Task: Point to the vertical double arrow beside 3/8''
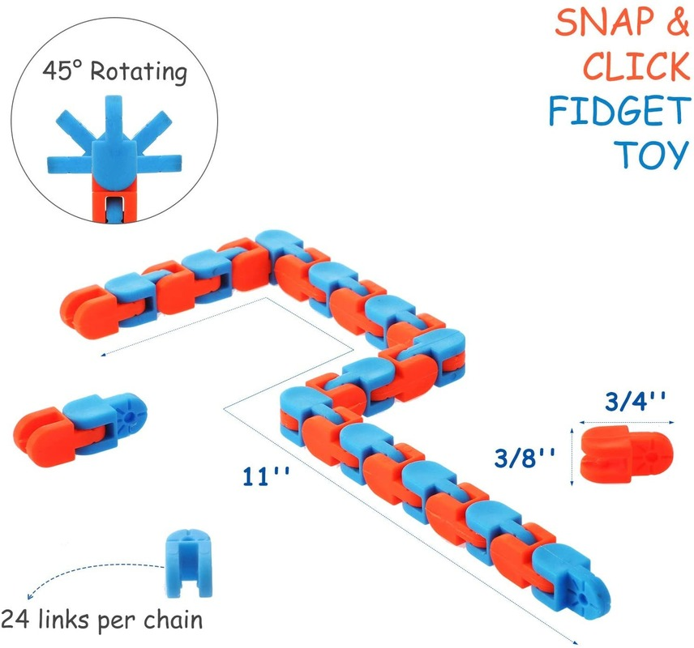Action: click(x=574, y=457)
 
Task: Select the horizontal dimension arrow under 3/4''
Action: click(x=626, y=420)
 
